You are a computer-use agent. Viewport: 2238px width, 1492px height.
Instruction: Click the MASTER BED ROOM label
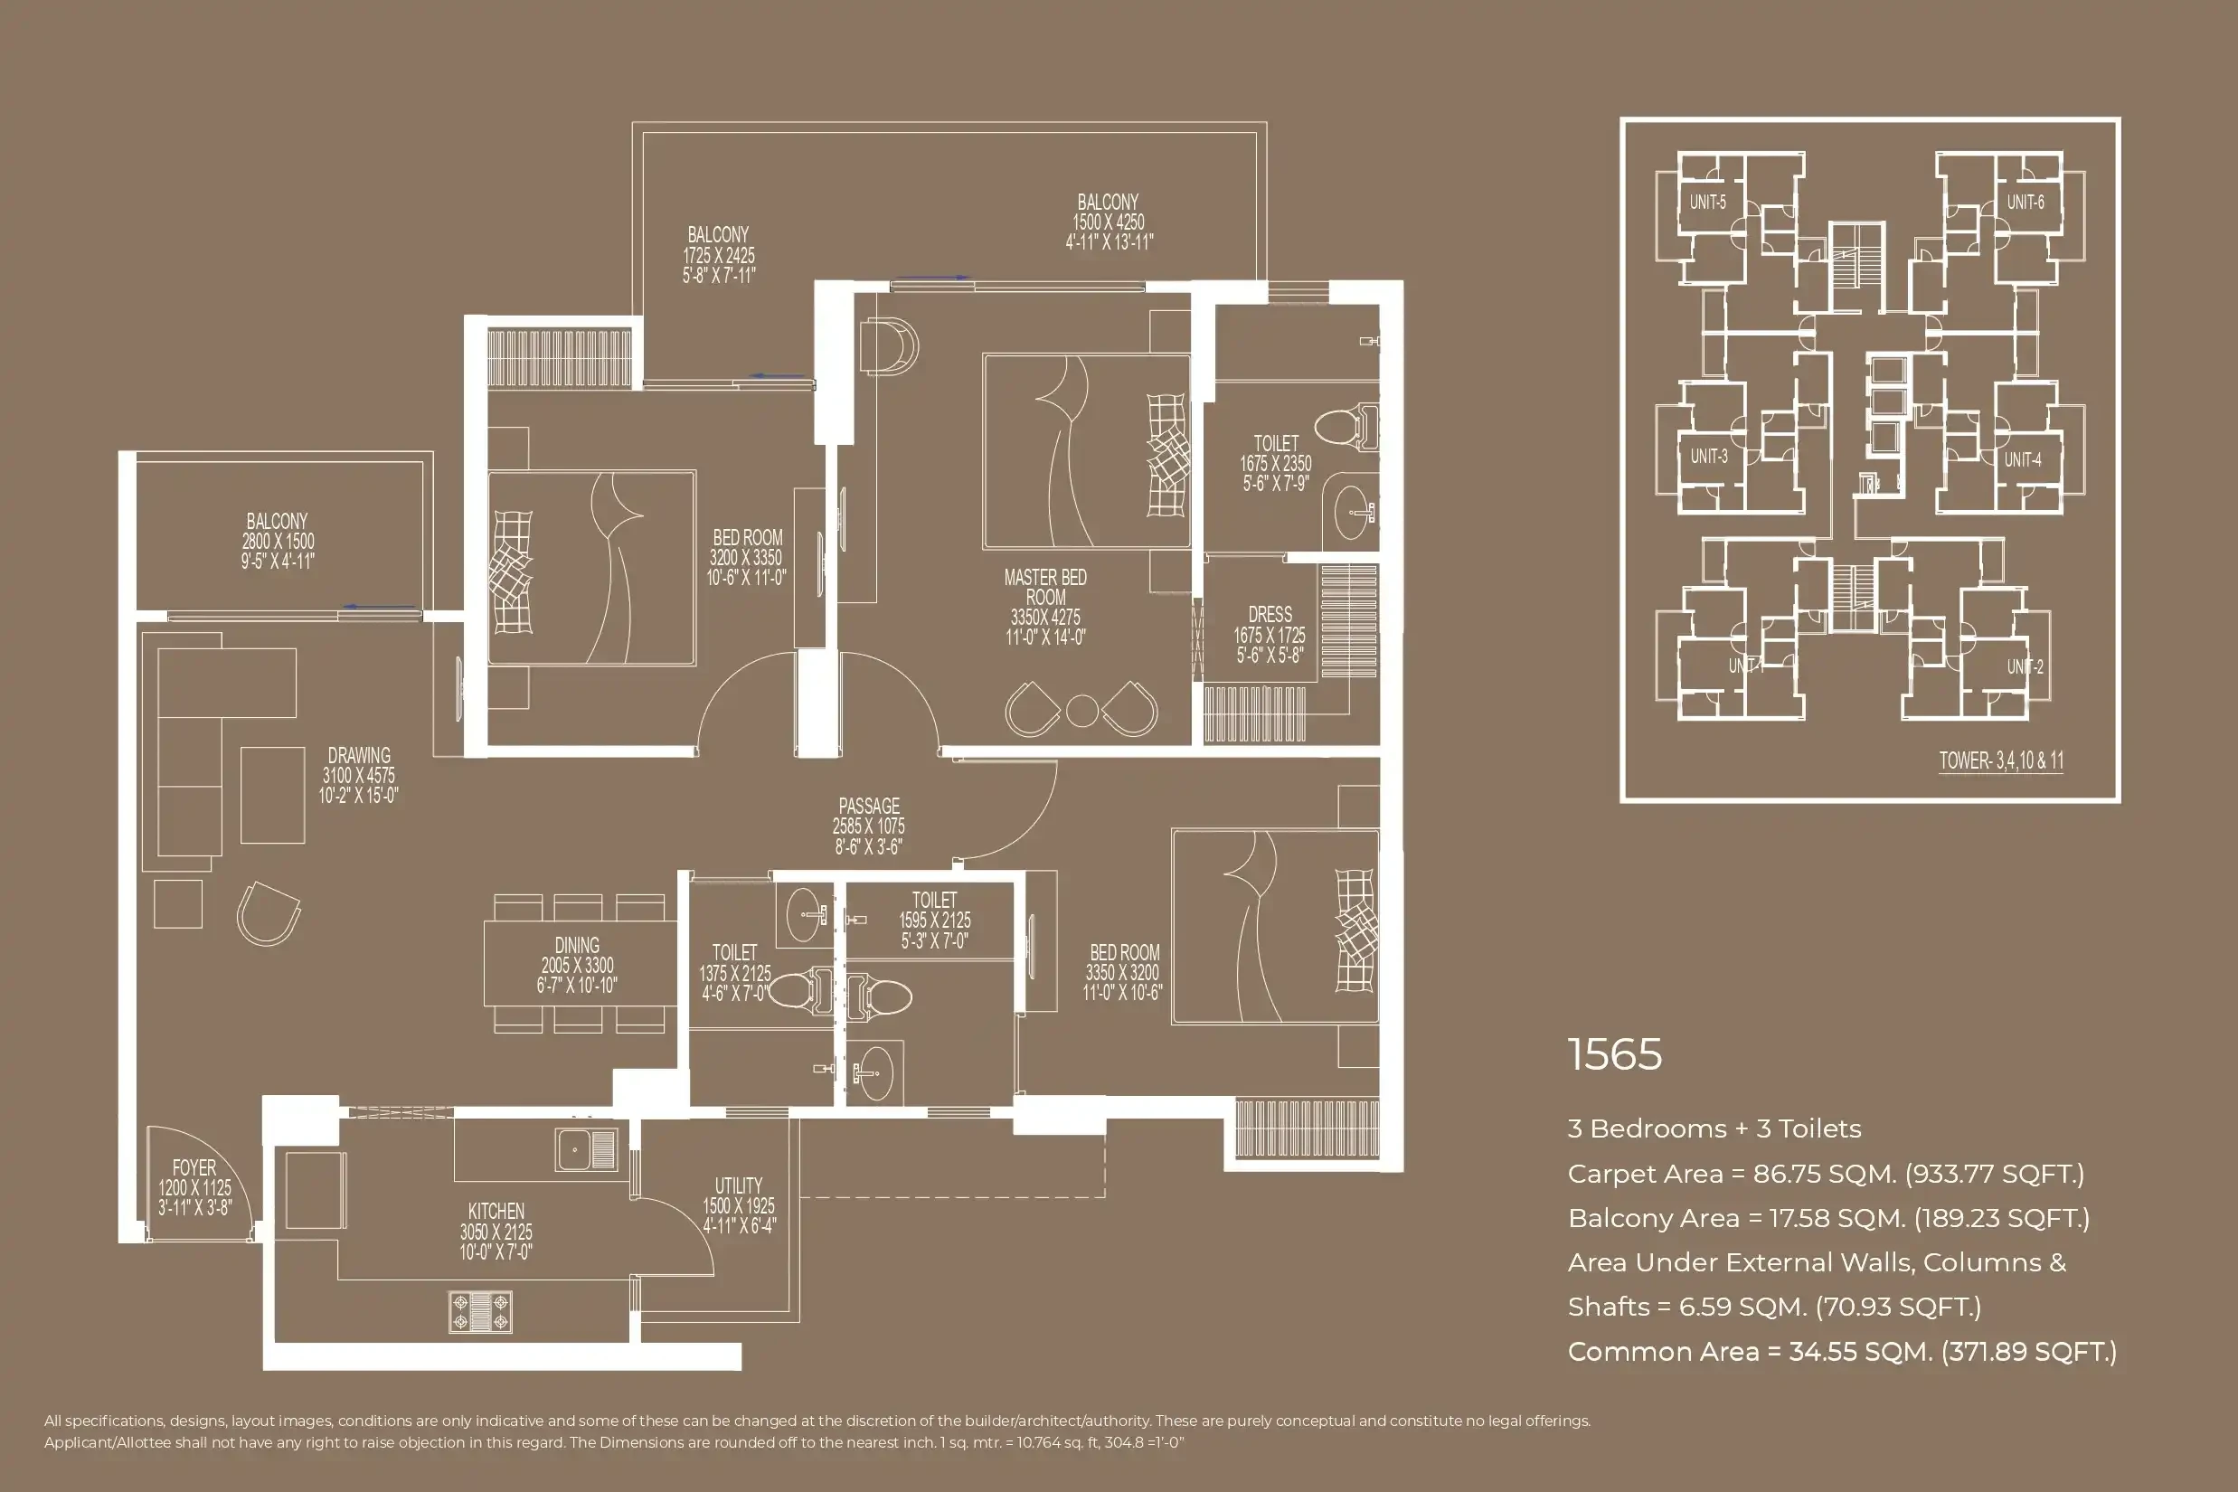click(1044, 606)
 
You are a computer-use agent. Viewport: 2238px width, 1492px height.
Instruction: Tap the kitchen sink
click(586, 1149)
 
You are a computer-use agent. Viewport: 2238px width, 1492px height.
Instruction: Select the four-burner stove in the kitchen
click(480, 1311)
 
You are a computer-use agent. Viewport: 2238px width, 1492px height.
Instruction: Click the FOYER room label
click(194, 1186)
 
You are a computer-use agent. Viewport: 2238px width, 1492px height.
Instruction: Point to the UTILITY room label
click(739, 1204)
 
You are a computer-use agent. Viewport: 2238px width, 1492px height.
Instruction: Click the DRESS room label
click(1270, 634)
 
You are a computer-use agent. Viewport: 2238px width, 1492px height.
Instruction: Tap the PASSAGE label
click(868, 825)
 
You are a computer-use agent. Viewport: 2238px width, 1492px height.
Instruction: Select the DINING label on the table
click(577, 964)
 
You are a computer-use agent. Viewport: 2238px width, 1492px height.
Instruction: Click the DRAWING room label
click(359, 775)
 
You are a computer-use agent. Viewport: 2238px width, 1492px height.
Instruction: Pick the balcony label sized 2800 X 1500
click(277, 541)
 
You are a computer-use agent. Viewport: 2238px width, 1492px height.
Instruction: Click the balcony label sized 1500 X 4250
click(1109, 222)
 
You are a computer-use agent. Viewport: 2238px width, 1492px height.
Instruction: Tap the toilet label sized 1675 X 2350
click(1275, 462)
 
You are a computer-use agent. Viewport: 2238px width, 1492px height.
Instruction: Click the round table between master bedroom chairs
click(1081, 711)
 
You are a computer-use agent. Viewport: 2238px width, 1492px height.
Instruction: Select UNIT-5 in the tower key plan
click(1707, 202)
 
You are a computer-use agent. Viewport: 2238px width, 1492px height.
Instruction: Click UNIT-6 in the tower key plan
click(2025, 202)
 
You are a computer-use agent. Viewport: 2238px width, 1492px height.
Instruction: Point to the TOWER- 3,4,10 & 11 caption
click(2001, 760)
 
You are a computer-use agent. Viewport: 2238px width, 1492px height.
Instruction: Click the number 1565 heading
click(1615, 1054)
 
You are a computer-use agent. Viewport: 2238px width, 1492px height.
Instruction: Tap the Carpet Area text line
click(1825, 1173)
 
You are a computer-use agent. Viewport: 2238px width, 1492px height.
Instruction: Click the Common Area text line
click(1841, 1351)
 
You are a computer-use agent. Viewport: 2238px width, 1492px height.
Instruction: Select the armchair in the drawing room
click(269, 913)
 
